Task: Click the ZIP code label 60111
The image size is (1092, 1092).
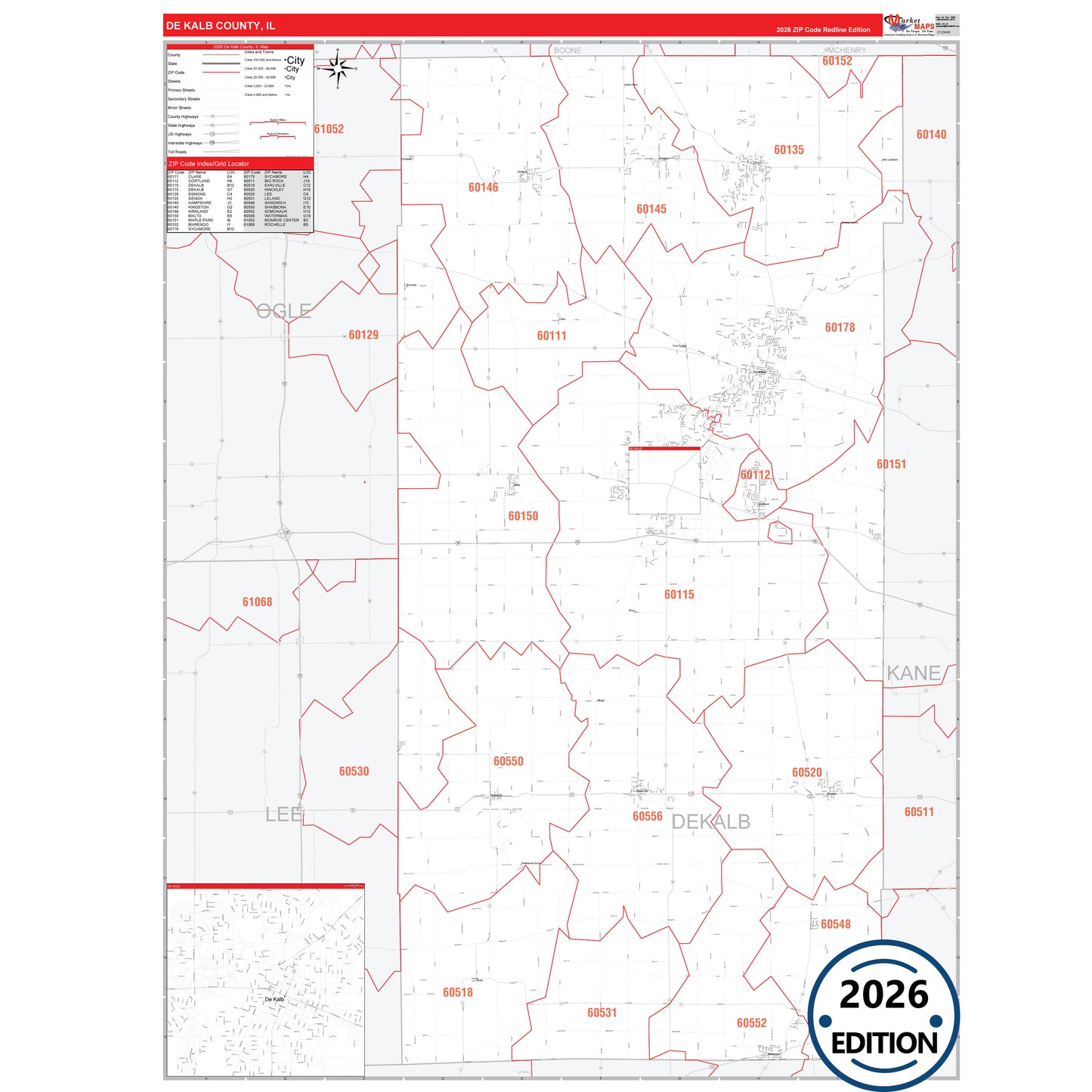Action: [552, 336]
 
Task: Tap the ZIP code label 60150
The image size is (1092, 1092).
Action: [523, 516]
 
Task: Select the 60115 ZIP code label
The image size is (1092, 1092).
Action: [679, 595]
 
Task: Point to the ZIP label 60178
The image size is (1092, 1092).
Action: [840, 327]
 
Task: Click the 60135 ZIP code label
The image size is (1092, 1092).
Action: [789, 150]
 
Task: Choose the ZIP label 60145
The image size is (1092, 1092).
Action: [651, 209]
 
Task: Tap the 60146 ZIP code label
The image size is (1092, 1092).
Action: [483, 187]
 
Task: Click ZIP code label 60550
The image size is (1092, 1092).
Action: [509, 761]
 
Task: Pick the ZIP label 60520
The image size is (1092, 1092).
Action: [807, 772]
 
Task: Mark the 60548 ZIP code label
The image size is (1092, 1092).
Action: [836, 924]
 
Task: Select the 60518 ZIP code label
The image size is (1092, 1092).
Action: [458, 992]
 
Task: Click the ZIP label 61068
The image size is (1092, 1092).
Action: [257, 602]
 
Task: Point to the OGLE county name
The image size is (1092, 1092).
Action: [283, 311]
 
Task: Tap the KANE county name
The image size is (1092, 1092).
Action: [914, 673]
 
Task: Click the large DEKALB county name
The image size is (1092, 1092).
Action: [711, 821]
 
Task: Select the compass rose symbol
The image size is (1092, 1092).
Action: [338, 69]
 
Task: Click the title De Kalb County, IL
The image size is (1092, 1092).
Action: [221, 26]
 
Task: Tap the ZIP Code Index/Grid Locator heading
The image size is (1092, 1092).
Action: [209, 164]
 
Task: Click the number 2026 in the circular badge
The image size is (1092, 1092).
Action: [883, 995]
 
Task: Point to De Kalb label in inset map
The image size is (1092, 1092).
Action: [274, 999]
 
